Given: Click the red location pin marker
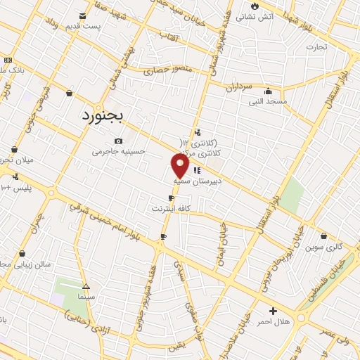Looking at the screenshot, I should click(x=181, y=166).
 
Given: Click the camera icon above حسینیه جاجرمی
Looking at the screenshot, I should click(x=117, y=141).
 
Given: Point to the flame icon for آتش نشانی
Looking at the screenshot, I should click(x=254, y=6).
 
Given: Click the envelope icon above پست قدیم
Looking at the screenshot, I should click(x=84, y=15).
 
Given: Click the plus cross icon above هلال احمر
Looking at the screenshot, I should click(x=273, y=311).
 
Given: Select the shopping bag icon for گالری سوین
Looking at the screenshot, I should click(x=323, y=236).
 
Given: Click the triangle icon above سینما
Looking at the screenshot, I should click(x=86, y=287).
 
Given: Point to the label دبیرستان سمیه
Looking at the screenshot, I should click(x=197, y=180).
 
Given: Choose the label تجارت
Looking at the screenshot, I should click(x=316, y=47).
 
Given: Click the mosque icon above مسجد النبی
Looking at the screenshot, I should click(x=268, y=91).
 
